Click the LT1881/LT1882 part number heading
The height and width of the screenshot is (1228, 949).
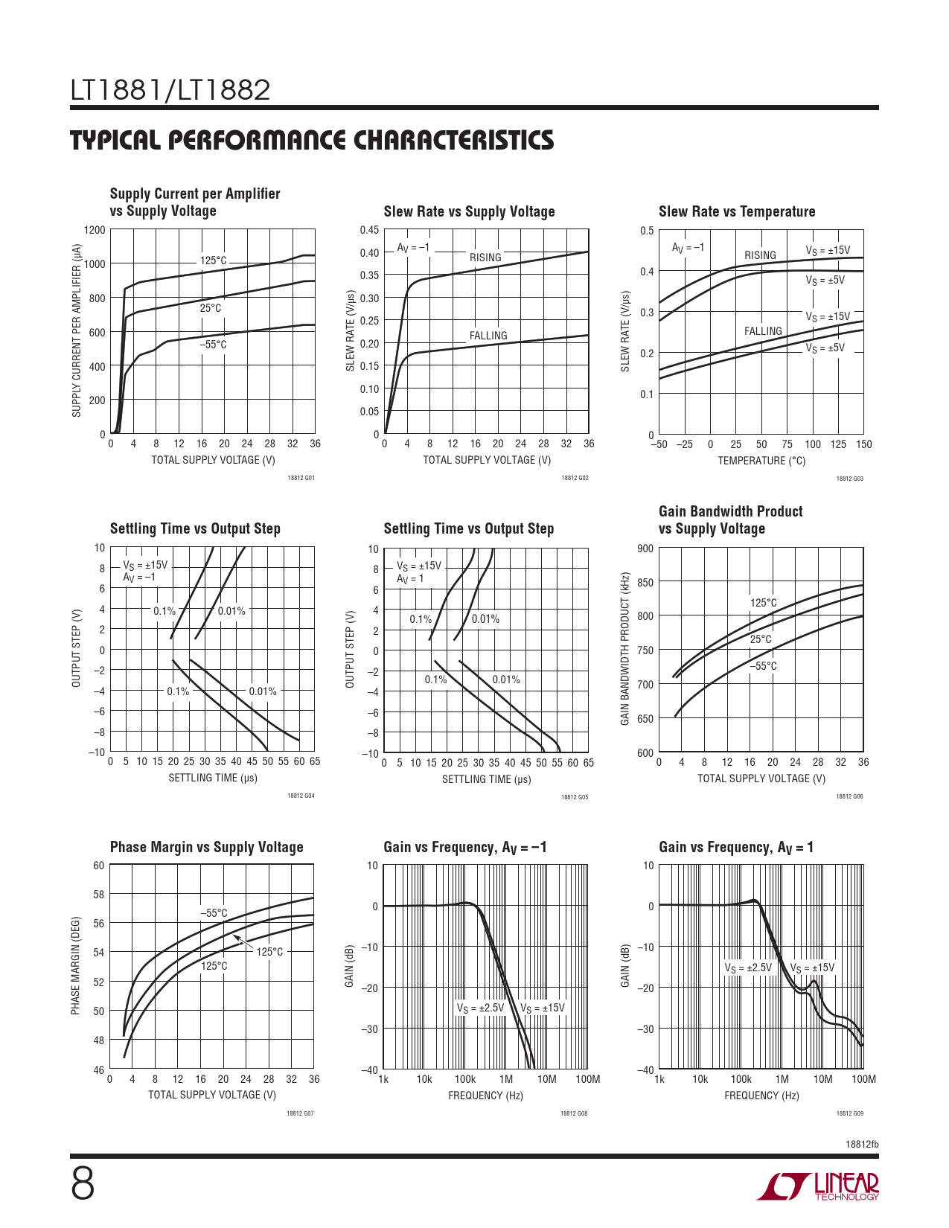click(x=170, y=90)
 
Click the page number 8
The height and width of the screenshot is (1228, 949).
click(x=83, y=1184)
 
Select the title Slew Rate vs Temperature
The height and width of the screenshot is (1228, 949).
click(x=736, y=211)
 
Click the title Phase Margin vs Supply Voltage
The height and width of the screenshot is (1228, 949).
click(x=206, y=847)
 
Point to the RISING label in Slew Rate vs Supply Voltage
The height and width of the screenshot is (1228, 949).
click(x=485, y=258)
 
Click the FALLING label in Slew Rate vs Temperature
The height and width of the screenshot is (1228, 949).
click(x=763, y=331)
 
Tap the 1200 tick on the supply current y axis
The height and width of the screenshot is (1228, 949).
click(x=95, y=230)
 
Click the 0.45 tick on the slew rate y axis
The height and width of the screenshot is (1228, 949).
click(x=369, y=230)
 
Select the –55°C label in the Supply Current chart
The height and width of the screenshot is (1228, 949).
click(x=213, y=345)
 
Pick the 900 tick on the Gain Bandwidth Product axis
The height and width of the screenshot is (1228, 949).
click(x=645, y=549)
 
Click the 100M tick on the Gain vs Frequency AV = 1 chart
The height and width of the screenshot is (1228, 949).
click(x=863, y=1079)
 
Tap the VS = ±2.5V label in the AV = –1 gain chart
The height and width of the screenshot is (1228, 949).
click(x=480, y=1008)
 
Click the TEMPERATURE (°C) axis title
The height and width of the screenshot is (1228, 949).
click(x=761, y=461)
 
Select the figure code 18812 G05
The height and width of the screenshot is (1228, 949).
click(x=575, y=796)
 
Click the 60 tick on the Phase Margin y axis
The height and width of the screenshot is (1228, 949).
click(x=98, y=866)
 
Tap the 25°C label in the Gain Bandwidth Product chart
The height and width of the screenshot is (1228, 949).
click(x=761, y=639)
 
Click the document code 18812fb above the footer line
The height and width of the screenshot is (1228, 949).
click(x=862, y=1144)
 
